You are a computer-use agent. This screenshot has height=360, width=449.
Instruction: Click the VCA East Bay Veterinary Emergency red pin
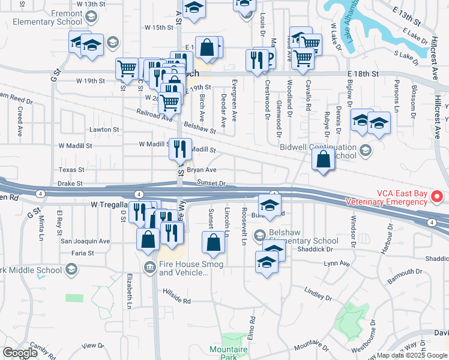[438, 196]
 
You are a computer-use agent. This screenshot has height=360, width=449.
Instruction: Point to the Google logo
[20, 353]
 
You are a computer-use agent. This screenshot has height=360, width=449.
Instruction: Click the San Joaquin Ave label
[85, 241]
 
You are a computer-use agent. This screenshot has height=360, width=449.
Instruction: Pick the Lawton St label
[104, 130]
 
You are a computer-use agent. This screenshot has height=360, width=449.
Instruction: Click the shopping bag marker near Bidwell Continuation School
[324, 160]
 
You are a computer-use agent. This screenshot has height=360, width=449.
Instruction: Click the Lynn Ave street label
[336, 263]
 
